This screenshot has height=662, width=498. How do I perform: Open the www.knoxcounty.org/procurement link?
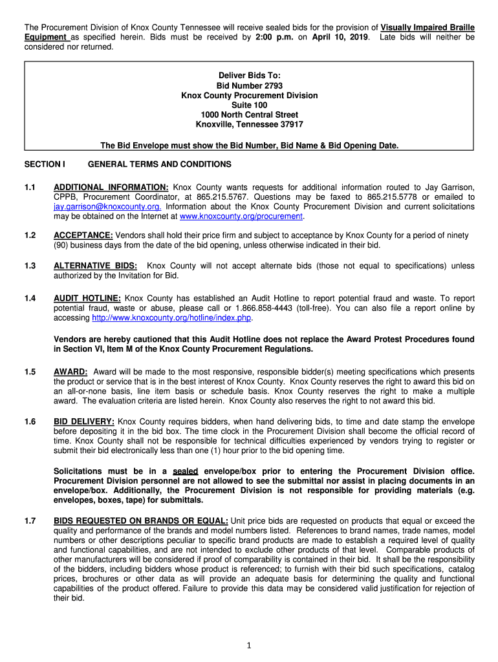pyautogui.click(x=241, y=217)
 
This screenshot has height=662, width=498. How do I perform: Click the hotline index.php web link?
pyautogui.click(x=171, y=318)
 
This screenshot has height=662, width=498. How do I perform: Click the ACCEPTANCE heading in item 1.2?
pyautogui.click(x=83, y=236)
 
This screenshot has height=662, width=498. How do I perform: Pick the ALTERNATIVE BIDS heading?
pyautogui.click(x=95, y=266)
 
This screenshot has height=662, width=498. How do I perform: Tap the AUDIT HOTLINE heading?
pyautogui.click(x=87, y=299)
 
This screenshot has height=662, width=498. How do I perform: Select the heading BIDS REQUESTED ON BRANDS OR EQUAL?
pyautogui.click(x=141, y=521)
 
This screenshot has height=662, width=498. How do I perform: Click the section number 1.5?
pyautogui.click(x=30, y=372)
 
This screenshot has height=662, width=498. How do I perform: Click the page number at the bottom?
pyautogui.click(x=249, y=645)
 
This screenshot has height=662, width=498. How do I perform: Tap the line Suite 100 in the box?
pyautogui.click(x=249, y=105)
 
